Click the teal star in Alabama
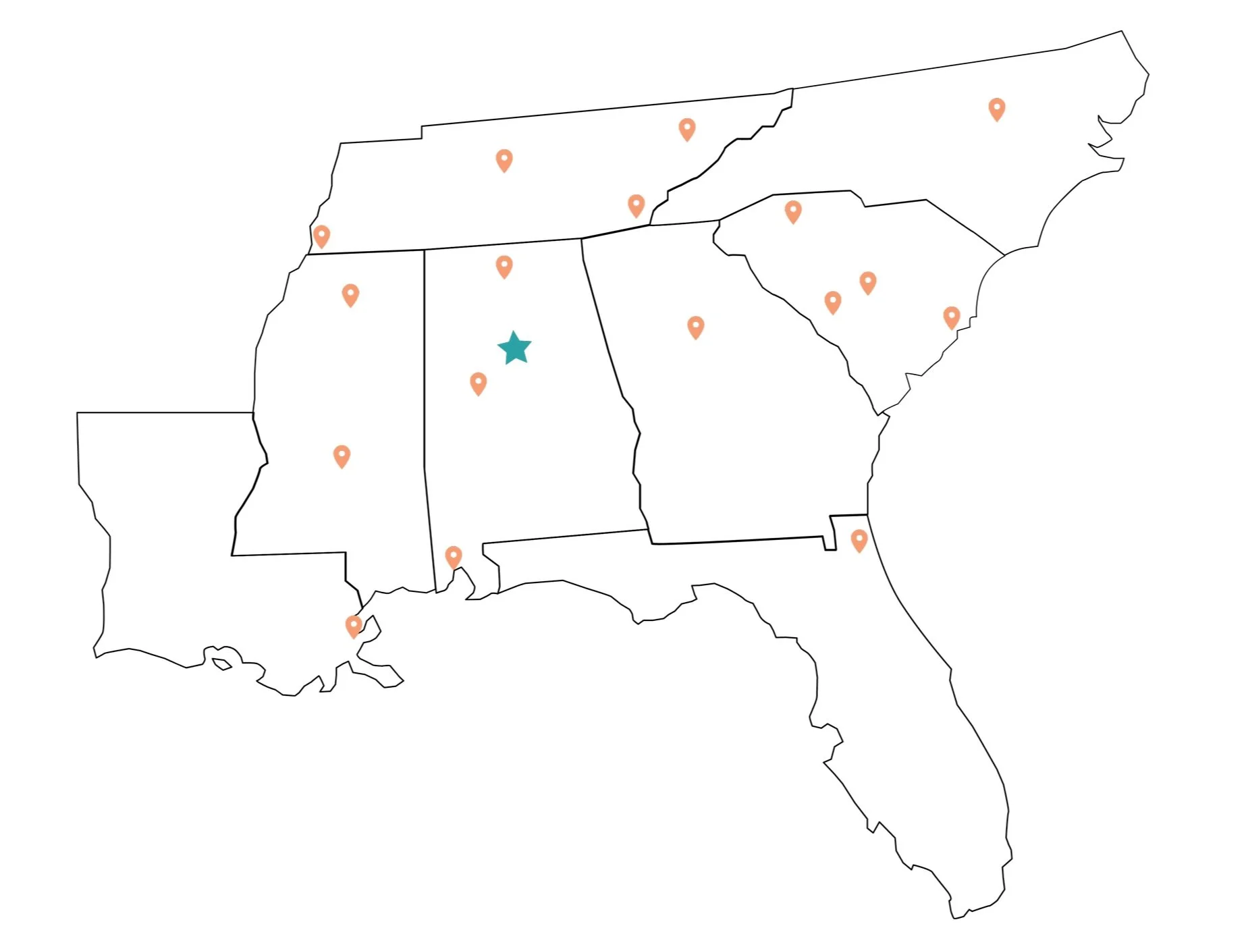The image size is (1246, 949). (514, 348)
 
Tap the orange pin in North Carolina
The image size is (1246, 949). (996, 108)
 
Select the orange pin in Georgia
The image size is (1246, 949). (695, 327)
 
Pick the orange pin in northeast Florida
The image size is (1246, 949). (859, 540)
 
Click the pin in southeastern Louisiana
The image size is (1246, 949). (353, 626)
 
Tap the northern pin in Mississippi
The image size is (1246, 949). (350, 294)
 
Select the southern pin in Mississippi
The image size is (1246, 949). (342, 456)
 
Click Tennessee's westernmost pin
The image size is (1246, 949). (321, 236)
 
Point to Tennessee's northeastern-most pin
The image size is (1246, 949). (686, 128)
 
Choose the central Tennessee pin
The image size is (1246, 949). (504, 160)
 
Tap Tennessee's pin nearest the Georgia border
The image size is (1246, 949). (636, 205)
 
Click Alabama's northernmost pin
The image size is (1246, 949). (504, 266)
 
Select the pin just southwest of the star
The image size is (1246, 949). (478, 383)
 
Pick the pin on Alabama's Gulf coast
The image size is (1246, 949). (454, 557)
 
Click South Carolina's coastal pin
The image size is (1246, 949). (951, 317)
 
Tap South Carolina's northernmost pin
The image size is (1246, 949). (793, 211)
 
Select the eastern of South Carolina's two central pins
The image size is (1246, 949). (867, 282)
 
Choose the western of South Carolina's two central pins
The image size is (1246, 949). (832, 302)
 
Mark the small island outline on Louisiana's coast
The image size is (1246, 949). (221, 665)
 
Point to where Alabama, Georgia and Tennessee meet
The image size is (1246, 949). (582, 238)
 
